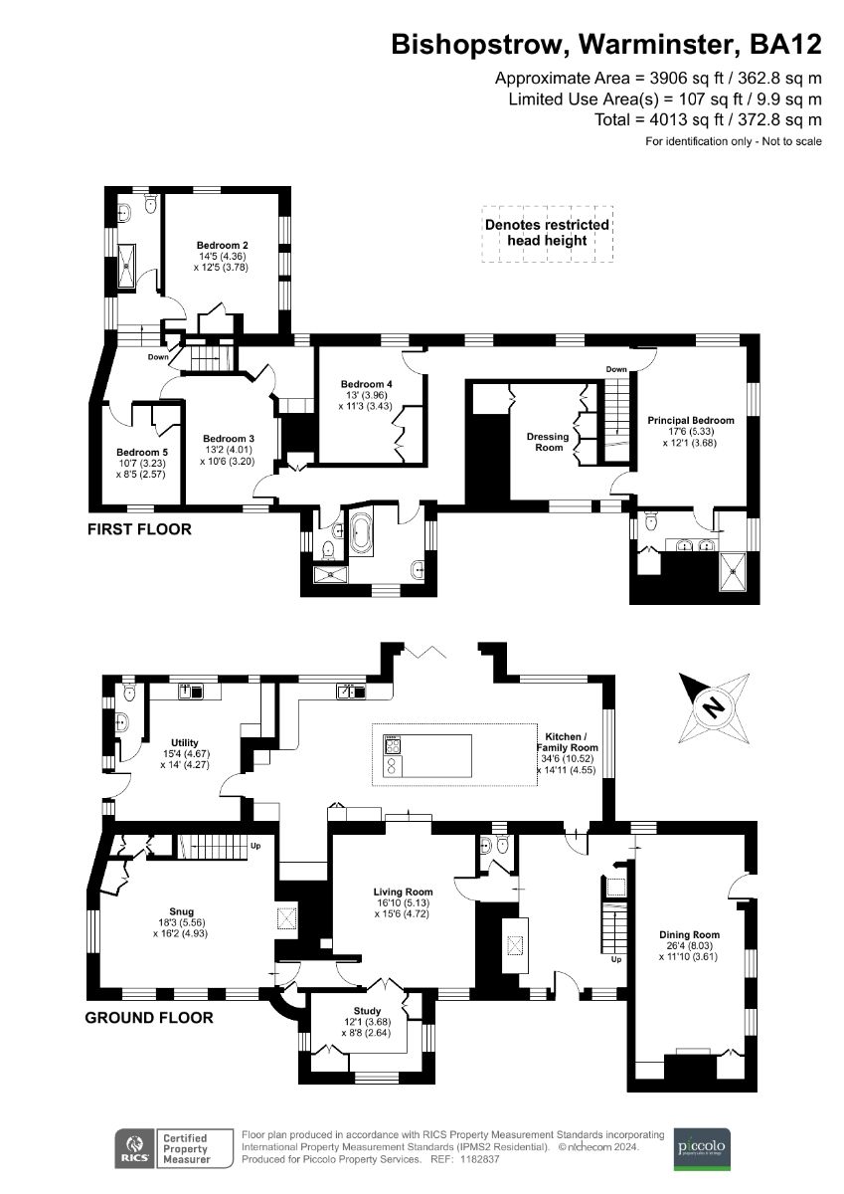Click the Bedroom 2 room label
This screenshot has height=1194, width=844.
pos(222,246)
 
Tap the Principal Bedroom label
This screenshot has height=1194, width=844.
pos(691,420)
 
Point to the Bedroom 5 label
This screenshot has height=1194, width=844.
pos(141,451)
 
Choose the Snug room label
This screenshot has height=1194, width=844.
pos(181,910)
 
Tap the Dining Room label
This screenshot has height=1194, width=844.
pos(689,934)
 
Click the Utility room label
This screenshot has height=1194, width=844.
pos(185,742)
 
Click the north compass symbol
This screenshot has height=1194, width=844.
pos(712,707)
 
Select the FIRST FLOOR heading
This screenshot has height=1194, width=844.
pos(139,529)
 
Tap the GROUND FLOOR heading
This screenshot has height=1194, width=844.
pos(148,1018)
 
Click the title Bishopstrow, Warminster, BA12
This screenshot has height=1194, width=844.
pos(606,45)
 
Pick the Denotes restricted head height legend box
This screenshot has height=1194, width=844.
pos(547,234)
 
